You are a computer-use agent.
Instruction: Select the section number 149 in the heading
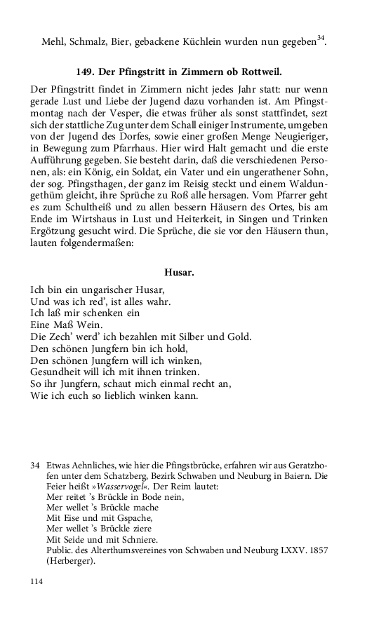coord(85,72)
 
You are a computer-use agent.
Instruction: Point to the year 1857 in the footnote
coord(317,550)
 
